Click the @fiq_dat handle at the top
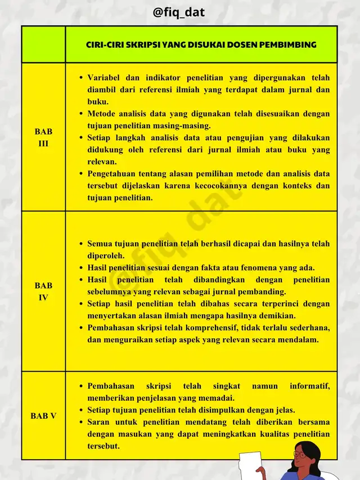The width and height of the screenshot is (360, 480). (x=179, y=12)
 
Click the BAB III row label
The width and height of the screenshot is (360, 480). (x=43, y=137)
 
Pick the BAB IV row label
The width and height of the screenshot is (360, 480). (x=43, y=291)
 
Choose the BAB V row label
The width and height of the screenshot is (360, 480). (x=43, y=416)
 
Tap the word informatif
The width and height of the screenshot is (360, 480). (x=309, y=386)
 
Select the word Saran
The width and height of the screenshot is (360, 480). (x=100, y=422)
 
